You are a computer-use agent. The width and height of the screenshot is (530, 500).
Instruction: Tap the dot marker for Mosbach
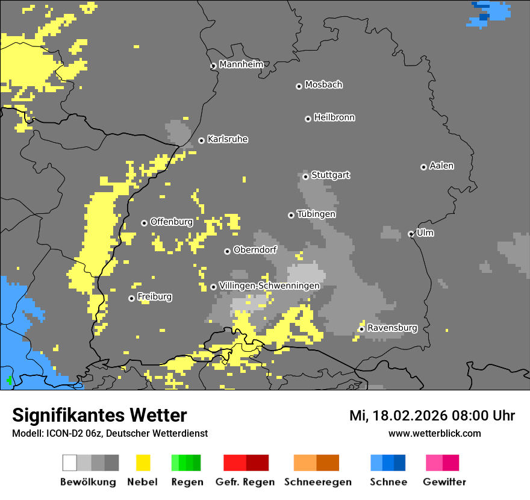click(299, 86)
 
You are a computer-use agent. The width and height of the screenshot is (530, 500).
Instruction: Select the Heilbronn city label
click(334, 117)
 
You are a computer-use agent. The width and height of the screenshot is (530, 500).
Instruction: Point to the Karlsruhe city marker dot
click(201, 140)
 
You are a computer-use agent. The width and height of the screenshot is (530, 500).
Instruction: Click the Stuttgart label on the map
click(330, 175)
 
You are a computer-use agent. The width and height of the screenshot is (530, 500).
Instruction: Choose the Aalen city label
click(441, 166)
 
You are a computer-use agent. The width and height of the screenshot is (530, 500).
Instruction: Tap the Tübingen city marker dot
click(291, 215)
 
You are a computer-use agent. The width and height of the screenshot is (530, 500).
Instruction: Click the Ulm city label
click(425, 233)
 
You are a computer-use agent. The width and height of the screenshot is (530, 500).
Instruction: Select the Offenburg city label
click(171, 222)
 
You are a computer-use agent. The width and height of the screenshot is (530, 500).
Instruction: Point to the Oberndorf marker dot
click(227, 251)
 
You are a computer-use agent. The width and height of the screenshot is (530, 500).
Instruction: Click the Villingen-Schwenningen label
click(269, 286)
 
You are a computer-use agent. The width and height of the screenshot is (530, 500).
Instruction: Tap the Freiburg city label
click(154, 296)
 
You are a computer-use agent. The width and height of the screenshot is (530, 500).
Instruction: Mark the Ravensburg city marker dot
click(361, 329)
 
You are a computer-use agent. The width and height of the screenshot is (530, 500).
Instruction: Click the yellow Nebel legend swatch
click(143, 463)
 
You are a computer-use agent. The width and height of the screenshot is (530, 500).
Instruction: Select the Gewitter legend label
click(444, 482)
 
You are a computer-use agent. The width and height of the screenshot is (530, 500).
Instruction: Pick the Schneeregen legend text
click(317, 482)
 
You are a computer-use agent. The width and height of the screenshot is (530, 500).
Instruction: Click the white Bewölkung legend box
click(70, 463)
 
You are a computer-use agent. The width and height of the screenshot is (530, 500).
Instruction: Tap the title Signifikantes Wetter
click(99, 415)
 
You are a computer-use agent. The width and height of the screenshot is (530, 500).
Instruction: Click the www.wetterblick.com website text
click(434, 433)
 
